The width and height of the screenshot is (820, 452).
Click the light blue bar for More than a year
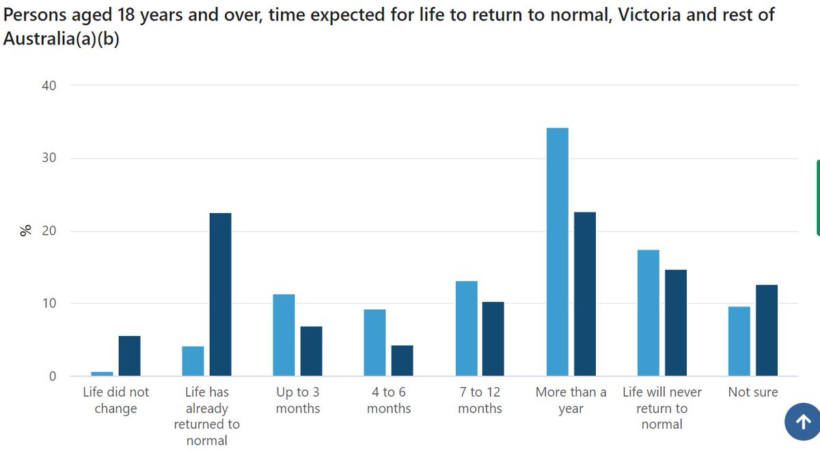tap(557, 252)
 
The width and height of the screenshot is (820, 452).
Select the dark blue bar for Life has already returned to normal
tap(220, 294)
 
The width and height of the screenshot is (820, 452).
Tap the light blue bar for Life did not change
tap(102, 373)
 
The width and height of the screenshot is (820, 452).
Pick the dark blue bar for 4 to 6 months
tap(402, 361)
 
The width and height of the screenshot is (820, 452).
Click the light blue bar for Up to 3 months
tap(284, 335)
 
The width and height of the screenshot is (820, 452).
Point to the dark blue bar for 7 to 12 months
tap(493, 339)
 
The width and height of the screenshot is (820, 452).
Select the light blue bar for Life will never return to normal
tap(648, 313)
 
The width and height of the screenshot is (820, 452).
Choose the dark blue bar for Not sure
tap(766, 330)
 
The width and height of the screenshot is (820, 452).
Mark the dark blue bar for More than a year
tap(584, 294)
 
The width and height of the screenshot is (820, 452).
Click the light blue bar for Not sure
tap(739, 341)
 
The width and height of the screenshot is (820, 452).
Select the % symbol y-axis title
tap(26, 231)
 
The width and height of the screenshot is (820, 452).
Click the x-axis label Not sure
tap(752, 392)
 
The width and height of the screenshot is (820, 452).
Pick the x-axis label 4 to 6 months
tap(389, 400)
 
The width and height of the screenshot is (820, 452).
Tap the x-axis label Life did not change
tap(115, 400)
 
